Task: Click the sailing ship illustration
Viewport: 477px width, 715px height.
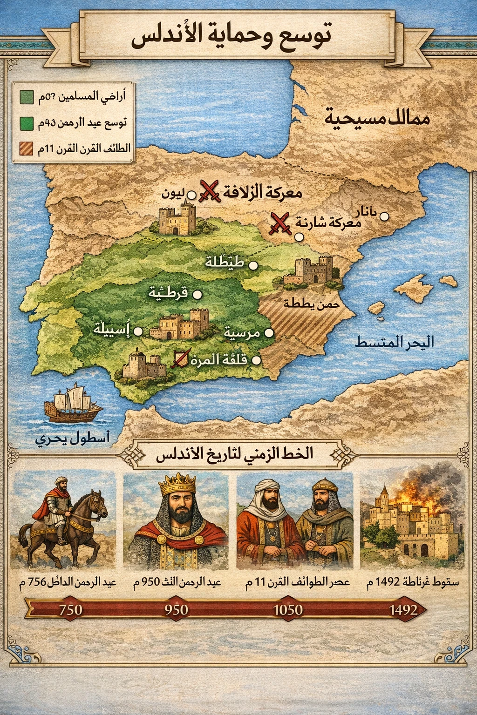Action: (x=73, y=404)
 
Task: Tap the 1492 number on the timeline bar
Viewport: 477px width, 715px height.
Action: (x=403, y=609)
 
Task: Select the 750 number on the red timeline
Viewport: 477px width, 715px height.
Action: (x=71, y=609)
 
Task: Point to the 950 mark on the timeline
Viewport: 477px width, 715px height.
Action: (x=176, y=609)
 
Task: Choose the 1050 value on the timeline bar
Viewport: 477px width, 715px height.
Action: (x=287, y=609)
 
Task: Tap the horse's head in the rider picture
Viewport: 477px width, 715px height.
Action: (x=97, y=504)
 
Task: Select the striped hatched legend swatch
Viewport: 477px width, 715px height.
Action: (x=26, y=149)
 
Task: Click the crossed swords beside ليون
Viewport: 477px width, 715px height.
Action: (x=209, y=191)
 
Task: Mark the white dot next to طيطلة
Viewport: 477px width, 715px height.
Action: (x=253, y=265)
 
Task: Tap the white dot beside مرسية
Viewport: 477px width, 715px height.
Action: (x=269, y=333)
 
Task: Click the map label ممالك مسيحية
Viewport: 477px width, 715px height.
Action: (x=377, y=119)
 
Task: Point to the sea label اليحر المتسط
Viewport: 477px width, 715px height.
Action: (x=394, y=343)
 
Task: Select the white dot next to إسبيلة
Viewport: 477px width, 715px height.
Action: (x=138, y=331)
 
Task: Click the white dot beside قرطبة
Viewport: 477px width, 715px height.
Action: (x=197, y=294)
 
